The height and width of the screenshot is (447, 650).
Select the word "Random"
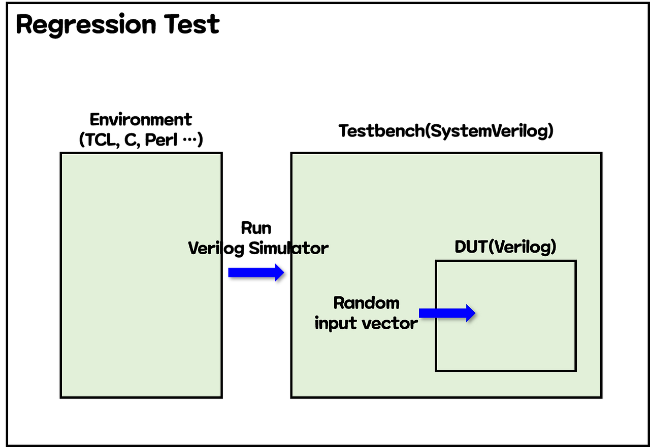(x=366, y=303)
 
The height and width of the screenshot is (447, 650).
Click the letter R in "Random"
(x=339, y=303)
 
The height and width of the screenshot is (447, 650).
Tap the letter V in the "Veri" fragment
(x=193, y=248)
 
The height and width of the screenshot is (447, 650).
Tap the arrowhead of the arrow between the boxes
(x=279, y=272)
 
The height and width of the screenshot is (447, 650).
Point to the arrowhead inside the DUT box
(x=471, y=313)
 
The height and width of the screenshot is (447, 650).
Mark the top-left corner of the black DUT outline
(x=436, y=261)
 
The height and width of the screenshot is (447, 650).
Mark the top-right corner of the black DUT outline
(x=575, y=261)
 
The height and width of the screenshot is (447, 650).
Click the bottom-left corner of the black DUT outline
(x=436, y=370)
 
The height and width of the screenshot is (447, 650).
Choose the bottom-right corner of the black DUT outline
(x=575, y=370)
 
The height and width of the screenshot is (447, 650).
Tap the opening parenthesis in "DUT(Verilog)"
(x=491, y=247)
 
